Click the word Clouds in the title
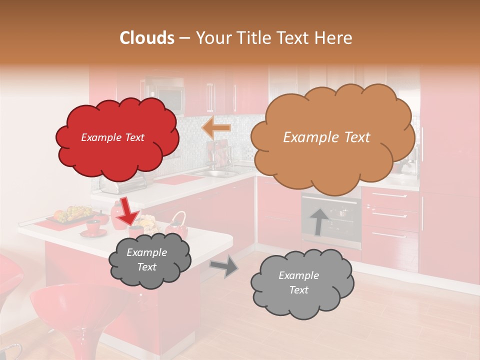pyautogui.click(x=147, y=38)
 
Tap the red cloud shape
pyautogui.click(x=117, y=138)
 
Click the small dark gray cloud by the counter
pyautogui.click(x=149, y=260)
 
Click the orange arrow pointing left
pyautogui.click(x=216, y=128)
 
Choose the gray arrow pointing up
pyautogui.click(x=319, y=221)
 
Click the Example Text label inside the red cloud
pyautogui.click(x=112, y=137)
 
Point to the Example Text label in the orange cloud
pyautogui.click(x=326, y=137)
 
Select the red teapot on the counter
pyautogui.click(x=176, y=226)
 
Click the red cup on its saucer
pyautogui.click(x=93, y=227)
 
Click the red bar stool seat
pyautogui.click(x=75, y=300)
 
